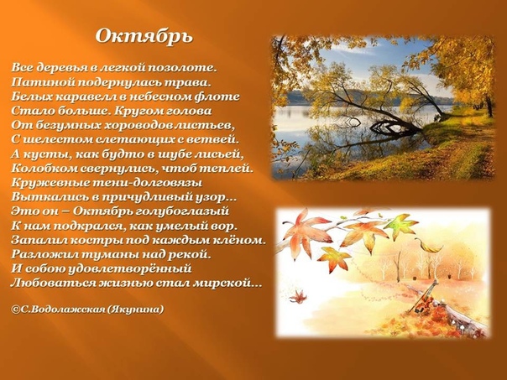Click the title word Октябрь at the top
144,36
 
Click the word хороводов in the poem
139,125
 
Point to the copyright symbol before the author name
15,310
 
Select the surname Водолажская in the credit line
66,310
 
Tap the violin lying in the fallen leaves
424,297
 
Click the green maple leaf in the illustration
400,225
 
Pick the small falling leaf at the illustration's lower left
298,297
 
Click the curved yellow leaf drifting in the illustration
429,247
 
